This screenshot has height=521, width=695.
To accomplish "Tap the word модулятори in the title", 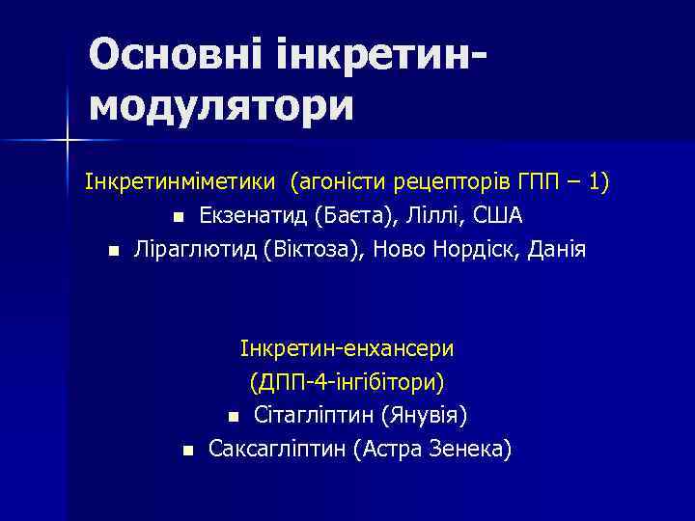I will tap(222, 105).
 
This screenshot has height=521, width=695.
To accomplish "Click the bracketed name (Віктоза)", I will tap(312, 249).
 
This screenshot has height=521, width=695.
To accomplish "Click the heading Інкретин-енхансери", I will tap(347, 347).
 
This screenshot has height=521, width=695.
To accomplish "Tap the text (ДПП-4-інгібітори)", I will tap(347, 381).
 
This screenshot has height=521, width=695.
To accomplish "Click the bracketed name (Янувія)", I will tap(425, 416).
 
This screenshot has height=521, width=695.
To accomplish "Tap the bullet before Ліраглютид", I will tap(114, 251).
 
